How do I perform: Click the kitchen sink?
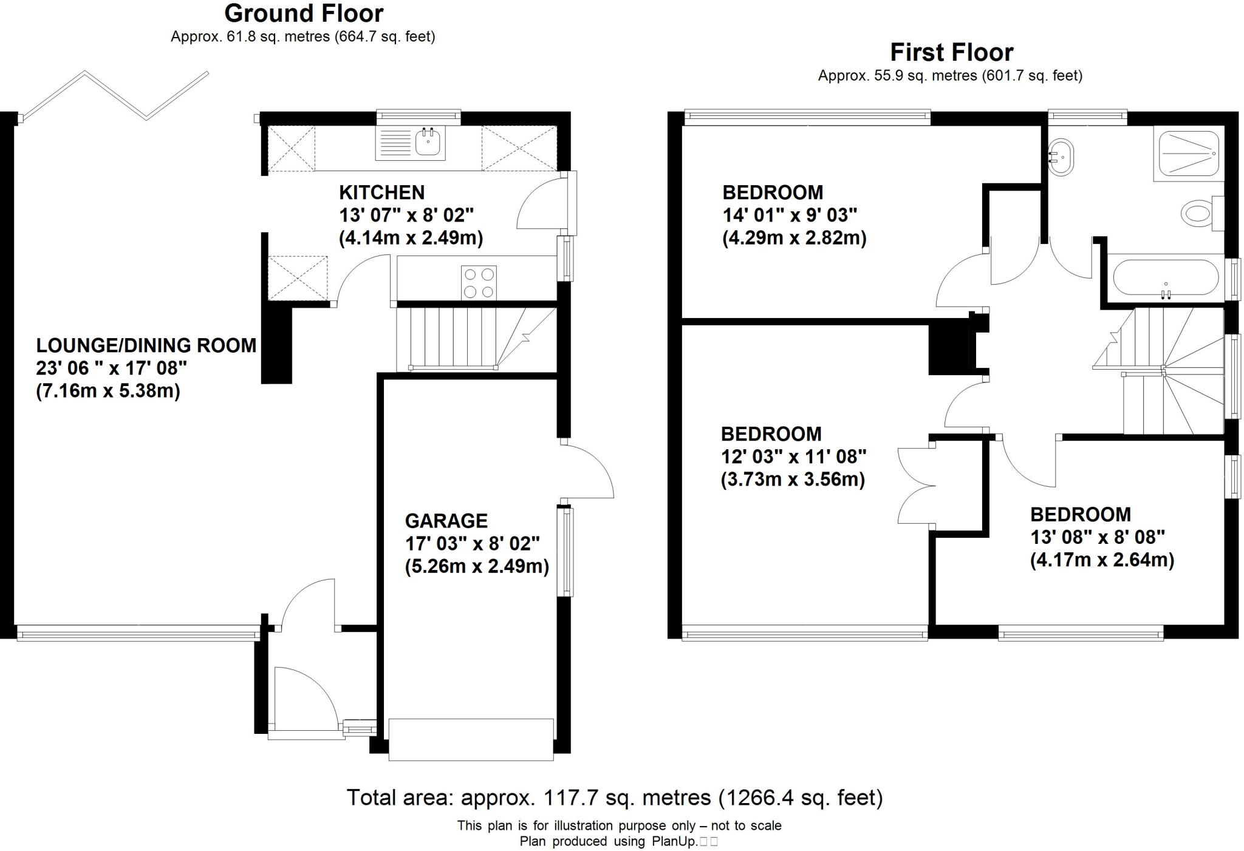coord(428,143)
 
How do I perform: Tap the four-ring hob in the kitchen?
coord(479,283)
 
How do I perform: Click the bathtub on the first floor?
coord(1165,278)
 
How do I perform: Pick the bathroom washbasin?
coord(1061,157)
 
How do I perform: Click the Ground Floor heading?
coord(304,13)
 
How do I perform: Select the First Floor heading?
coord(951,53)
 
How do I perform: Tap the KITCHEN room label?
coord(381,192)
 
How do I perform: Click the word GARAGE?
coord(446,521)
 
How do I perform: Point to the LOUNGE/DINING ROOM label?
coord(146,345)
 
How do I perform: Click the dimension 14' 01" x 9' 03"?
coord(789,215)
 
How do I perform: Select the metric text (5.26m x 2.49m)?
coord(477,566)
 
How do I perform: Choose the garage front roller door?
coord(471,739)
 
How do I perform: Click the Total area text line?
coord(614,797)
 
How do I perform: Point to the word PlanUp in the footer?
coord(674,841)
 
